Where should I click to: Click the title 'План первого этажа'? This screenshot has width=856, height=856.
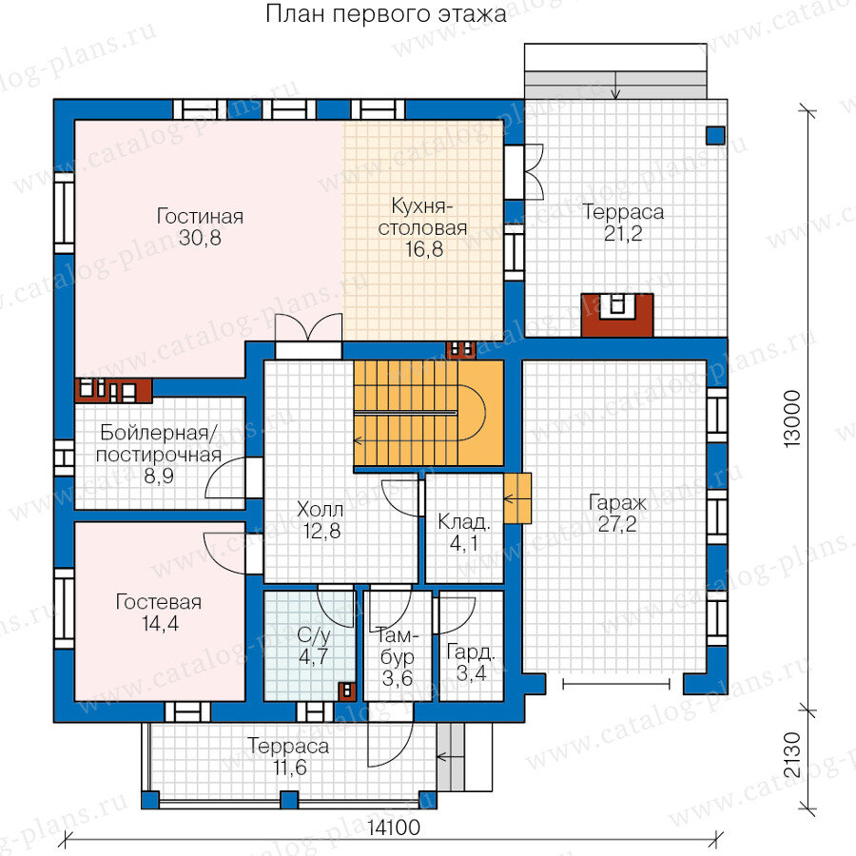[386, 13]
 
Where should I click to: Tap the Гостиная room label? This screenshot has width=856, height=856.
[200, 216]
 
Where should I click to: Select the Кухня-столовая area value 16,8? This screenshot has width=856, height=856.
[423, 249]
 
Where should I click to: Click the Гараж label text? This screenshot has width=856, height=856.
[617, 503]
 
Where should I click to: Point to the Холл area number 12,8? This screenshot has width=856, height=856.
[321, 531]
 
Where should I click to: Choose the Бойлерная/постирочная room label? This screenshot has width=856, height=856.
[159, 443]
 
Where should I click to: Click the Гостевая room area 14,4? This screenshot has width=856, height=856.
[160, 623]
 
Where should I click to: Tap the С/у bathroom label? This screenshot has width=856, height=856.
[313, 635]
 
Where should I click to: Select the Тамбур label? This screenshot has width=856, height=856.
[398, 647]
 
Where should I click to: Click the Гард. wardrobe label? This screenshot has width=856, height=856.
[471, 652]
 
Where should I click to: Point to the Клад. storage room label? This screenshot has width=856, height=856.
[464, 522]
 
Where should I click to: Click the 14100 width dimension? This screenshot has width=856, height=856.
[393, 827]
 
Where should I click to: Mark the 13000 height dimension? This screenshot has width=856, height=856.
[791, 419]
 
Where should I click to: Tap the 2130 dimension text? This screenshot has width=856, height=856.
[791, 755]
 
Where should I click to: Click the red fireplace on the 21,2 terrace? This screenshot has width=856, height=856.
[617, 315]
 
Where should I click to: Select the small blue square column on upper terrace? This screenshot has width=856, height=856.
[715, 135]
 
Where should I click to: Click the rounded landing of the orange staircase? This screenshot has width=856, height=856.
[473, 413]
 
